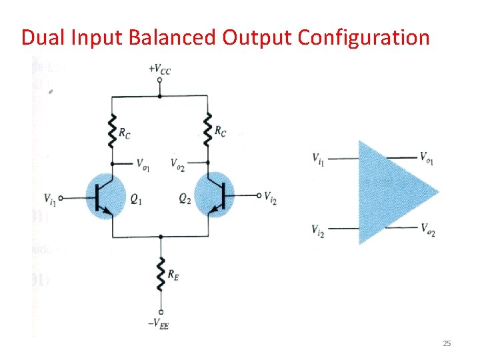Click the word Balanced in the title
pyautogui.click(x=175, y=37)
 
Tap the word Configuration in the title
pyautogui.click(x=363, y=37)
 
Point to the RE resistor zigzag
pyautogui.click(x=161, y=273)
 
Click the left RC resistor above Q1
pyautogui.click(x=111, y=131)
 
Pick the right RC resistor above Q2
pyautogui.click(x=207, y=131)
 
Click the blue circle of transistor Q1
pyautogui.click(x=106, y=195)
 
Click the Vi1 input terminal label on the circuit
pyautogui.click(x=50, y=197)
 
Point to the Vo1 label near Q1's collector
pyautogui.click(x=143, y=163)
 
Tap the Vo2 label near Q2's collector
pyautogui.click(x=178, y=163)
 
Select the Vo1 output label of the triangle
pyautogui.click(x=427, y=158)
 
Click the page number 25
pyautogui.click(x=447, y=343)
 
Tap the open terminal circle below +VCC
pyautogui.click(x=159, y=80)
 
